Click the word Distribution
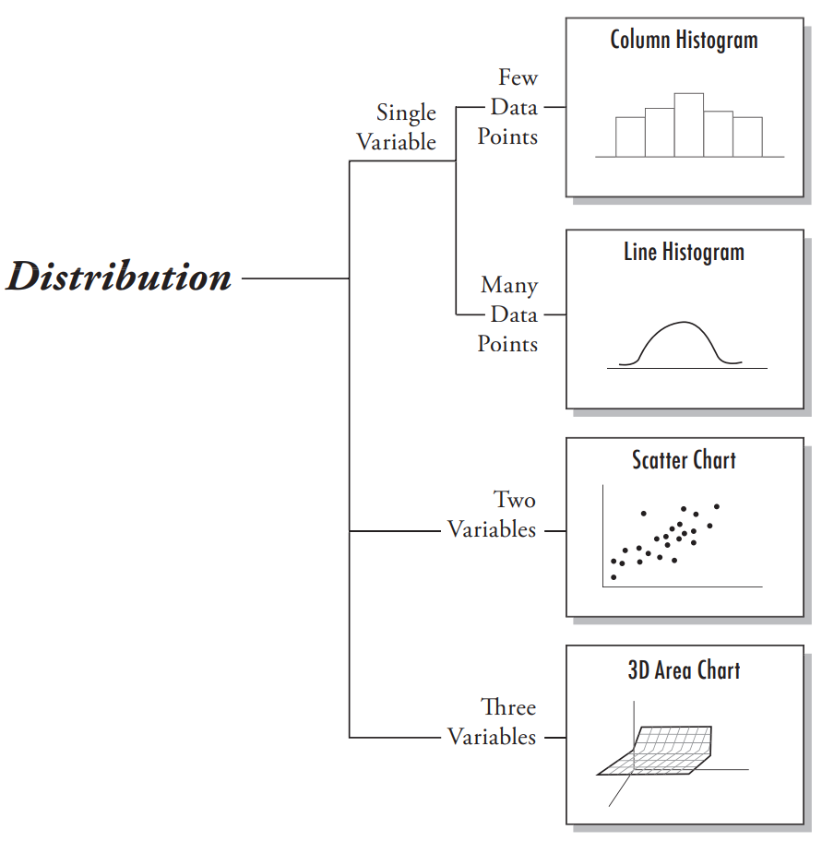(119, 277)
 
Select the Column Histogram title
(684, 40)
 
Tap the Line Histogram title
(684, 252)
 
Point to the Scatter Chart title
(684, 459)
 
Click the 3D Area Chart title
(684, 669)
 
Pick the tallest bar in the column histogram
(688, 124)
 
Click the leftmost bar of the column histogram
(630, 136)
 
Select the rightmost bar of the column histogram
(747, 136)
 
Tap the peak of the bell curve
(683, 323)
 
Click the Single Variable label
(398, 127)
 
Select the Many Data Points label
(508, 314)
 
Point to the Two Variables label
(493, 515)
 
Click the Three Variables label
(493, 722)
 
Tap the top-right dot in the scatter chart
(717, 506)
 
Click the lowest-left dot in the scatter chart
(614, 577)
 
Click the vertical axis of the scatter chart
(602, 535)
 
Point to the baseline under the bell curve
(687, 369)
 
